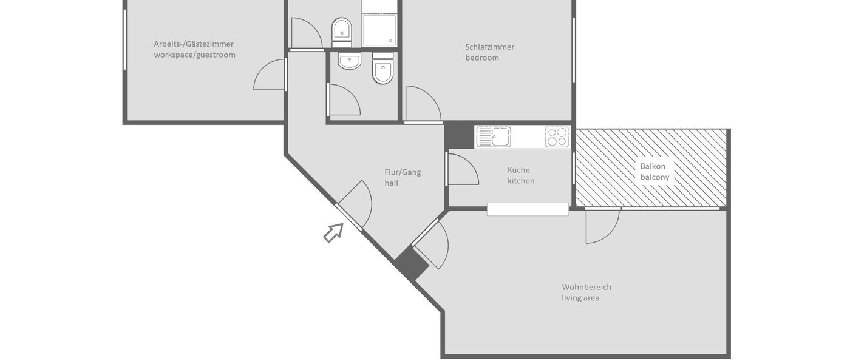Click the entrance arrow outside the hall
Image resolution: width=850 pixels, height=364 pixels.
pos(333,232)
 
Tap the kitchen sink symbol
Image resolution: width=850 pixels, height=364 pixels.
pos(493,136)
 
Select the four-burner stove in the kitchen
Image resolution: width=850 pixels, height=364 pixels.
pos(557,136)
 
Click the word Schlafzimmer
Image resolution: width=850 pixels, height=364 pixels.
pos(489,47)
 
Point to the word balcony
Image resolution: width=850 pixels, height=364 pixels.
pos(655,177)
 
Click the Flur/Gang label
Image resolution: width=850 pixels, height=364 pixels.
pos(403,172)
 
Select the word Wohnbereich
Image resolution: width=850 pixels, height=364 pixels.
pos(586,287)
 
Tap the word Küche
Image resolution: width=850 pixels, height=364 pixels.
pos(519,170)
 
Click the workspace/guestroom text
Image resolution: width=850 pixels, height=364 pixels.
pos(194,55)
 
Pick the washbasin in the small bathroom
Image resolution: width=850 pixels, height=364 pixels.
pos(349,61)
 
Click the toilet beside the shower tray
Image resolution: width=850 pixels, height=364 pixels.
pos(342,32)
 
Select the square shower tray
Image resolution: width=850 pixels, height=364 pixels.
pos(379,31)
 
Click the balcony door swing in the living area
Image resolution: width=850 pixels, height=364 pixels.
pos(602,226)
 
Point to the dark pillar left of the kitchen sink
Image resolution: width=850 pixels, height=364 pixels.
pos(459,135)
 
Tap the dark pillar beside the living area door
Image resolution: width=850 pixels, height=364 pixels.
pos(411,265)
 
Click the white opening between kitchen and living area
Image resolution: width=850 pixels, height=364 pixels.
pos(528,209)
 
